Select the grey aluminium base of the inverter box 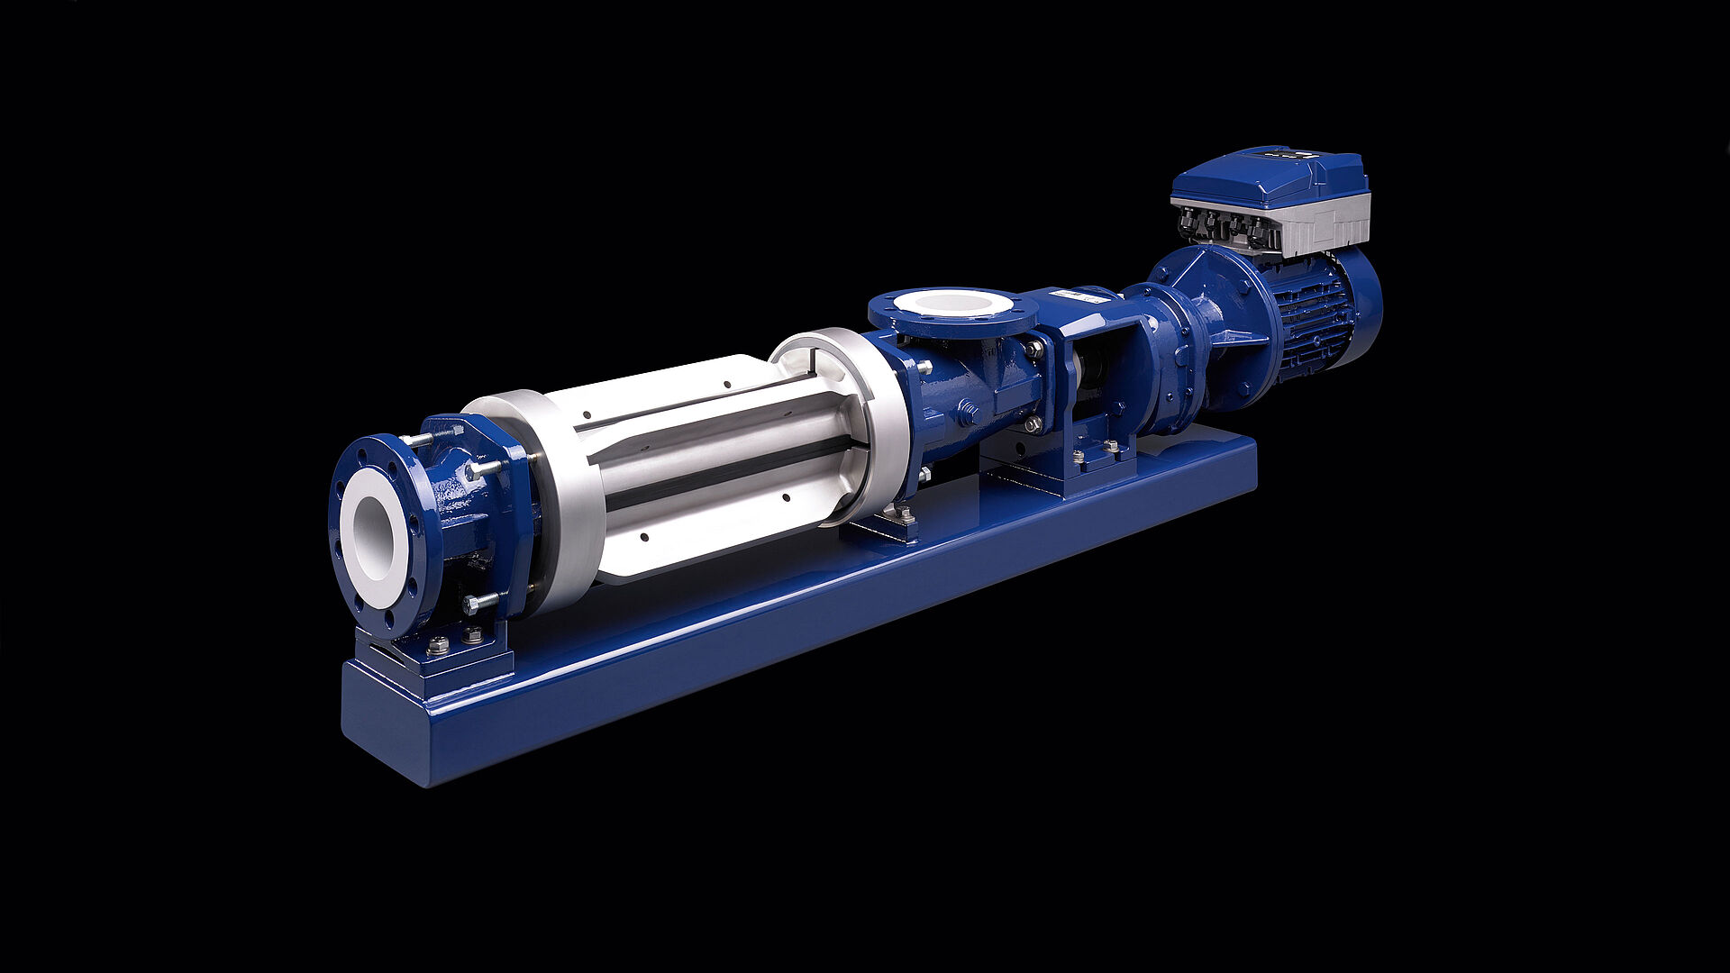[1325, 225]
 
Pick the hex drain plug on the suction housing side [969, 414]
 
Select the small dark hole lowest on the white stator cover [644, 538]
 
